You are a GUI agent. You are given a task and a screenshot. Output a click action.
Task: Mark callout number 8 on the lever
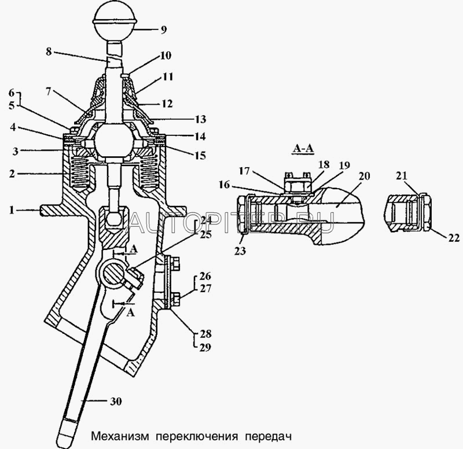(49, 51)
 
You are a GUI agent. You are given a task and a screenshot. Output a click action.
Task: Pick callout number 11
(168, 76)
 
